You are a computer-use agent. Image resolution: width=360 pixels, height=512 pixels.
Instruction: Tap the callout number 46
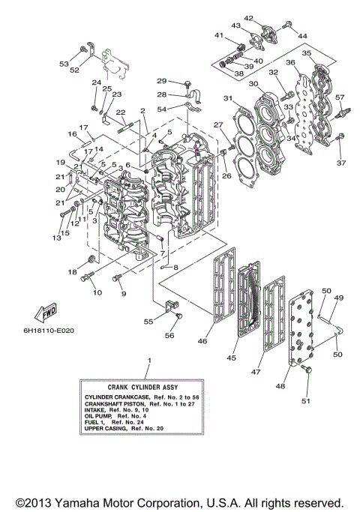[x=202, y=341]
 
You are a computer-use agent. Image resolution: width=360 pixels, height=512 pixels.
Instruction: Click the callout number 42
[x=248, y=18]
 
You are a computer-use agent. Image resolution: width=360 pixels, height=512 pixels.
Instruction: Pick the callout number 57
[x=339, y=97]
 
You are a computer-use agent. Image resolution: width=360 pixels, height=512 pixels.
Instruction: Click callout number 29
[x=160, y=80]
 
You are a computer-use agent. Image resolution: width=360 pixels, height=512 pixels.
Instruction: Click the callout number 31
[x=228, y=98]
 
